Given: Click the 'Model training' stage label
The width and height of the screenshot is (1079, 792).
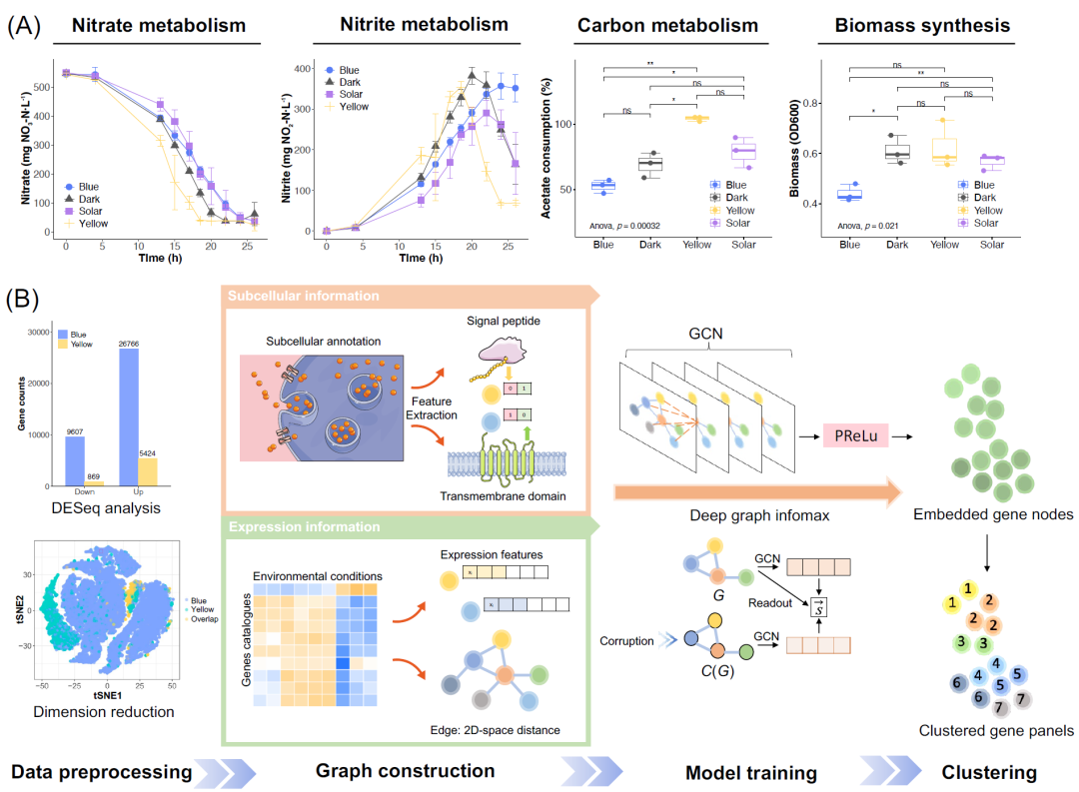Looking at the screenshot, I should click(x=750, y=772).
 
